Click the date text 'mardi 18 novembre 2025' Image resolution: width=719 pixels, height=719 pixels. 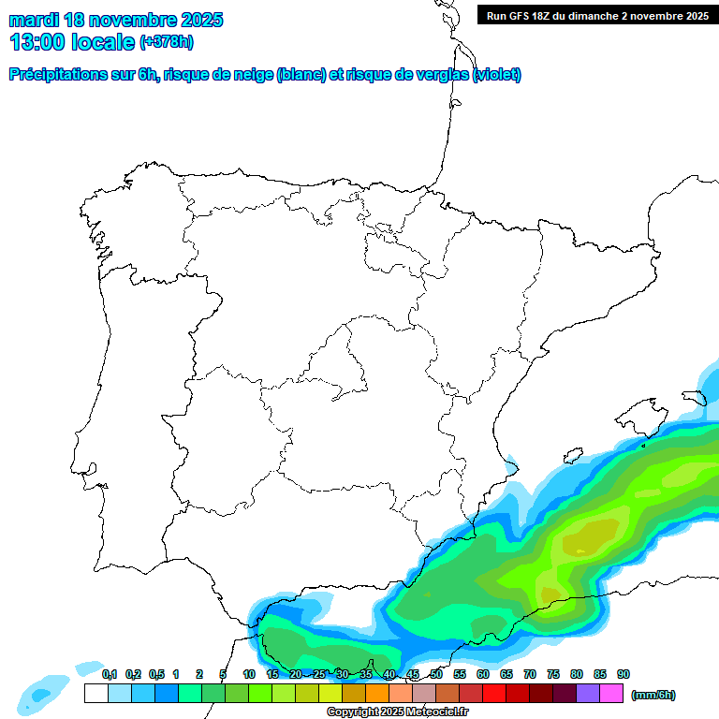pos(116,20)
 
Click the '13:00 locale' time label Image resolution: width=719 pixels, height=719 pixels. pos(73,42)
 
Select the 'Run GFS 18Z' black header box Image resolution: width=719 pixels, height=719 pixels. pos(597,16)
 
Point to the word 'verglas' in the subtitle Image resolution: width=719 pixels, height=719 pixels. pos(438,75)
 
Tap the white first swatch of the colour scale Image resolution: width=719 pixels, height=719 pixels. pos(95,693)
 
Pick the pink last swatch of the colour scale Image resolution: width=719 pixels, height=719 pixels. pos(611,693)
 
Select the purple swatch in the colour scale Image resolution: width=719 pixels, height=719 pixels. pos(588,693)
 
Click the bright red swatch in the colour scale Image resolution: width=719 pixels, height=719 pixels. pos(493,693)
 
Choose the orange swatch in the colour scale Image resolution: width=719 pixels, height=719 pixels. pos(376,693)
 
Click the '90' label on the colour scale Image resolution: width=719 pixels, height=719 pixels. pos(624,674)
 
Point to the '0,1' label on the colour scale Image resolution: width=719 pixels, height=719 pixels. pos(110,674)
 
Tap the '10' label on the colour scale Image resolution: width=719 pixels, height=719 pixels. pos(249,674)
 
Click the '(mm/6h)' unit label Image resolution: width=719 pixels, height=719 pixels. pos(653,695)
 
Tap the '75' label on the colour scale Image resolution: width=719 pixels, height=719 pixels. pos(553,674)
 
